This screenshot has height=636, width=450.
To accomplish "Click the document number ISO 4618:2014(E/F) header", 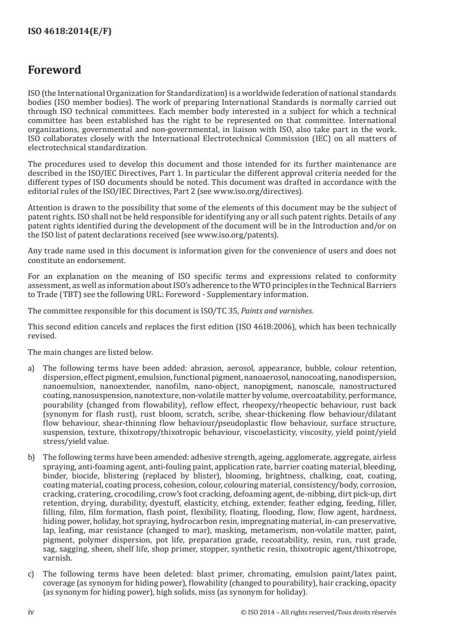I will click(x=70, y=32).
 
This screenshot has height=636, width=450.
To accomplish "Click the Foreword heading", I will click(x=54, y=70).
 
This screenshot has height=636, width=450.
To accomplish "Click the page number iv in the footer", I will click(x=31, y=612).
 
